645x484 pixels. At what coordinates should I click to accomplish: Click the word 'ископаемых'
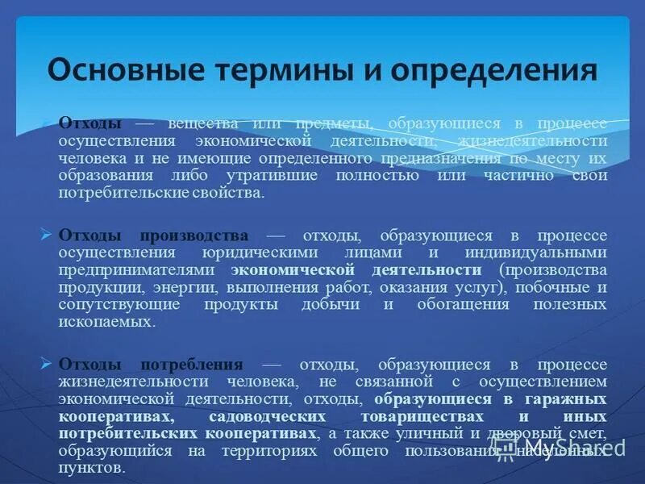104,321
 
